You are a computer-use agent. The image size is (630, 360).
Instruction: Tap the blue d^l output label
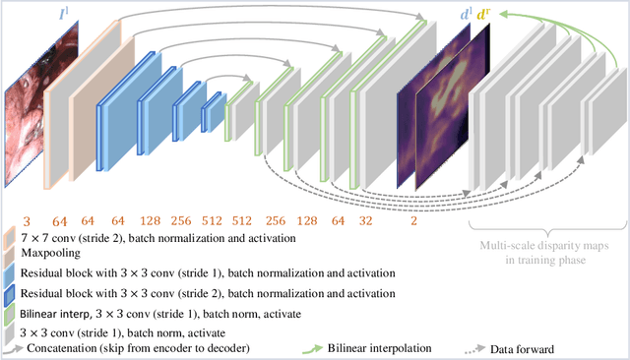466,15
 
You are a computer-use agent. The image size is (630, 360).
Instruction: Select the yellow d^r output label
483,15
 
